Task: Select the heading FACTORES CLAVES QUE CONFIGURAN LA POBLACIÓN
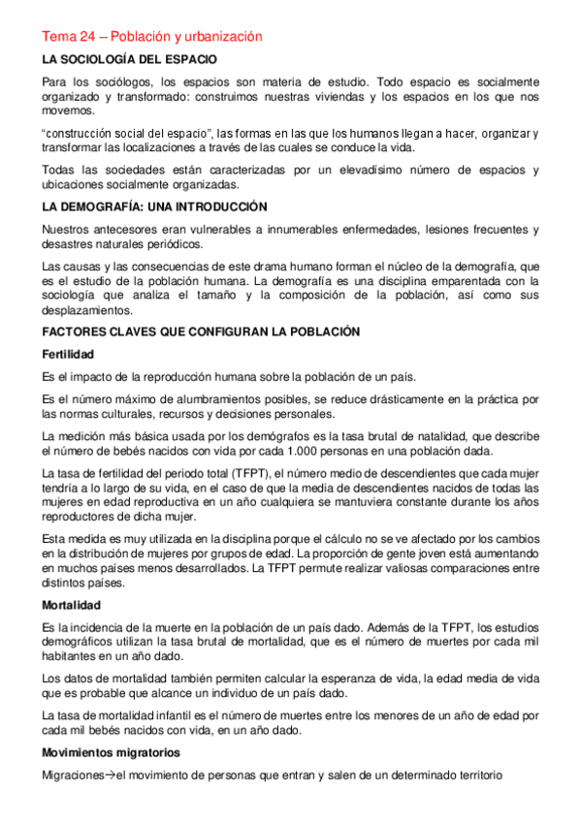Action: click(x=201, y=332)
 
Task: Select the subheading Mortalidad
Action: click(x=70, y=606)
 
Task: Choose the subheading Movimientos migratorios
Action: click(x=110, y=752)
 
